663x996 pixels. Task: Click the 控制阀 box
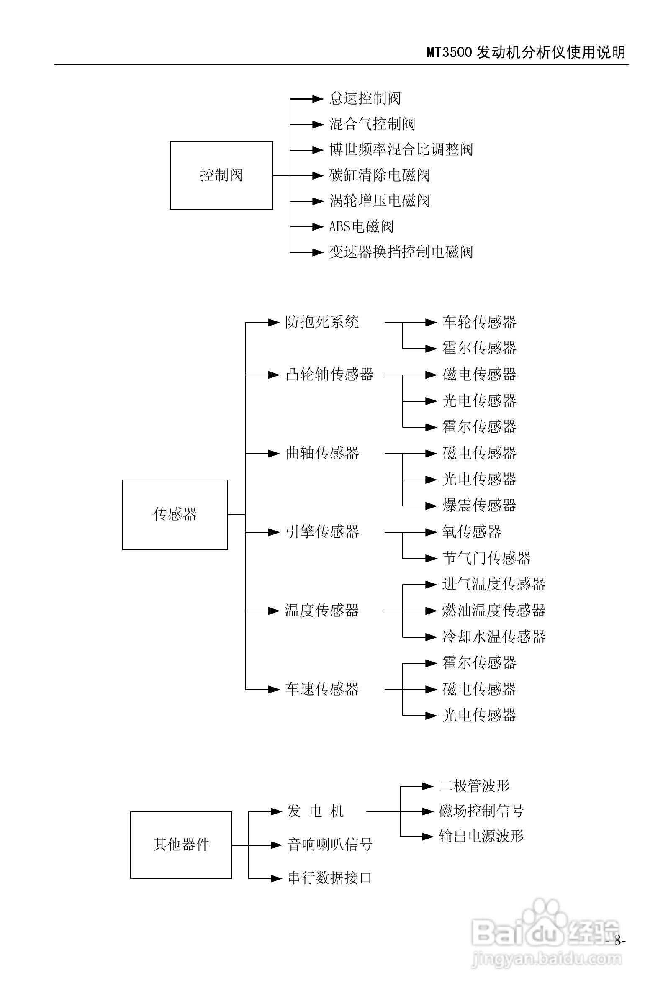(x=221, y=175)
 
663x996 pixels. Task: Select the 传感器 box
(x=175, y=514)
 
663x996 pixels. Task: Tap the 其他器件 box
(x=181, y=845)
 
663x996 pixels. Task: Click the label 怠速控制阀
(x=365, y=98)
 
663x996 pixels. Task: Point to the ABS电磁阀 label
(x=361, y=226)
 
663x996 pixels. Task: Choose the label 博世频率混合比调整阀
(x=401, y=150)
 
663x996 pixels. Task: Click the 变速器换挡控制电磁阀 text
(x=401, y=252)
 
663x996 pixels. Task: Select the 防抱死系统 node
(x=322, y=323)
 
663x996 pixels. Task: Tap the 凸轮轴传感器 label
(x=329, y=375)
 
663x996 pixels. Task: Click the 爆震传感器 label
(x=479, y=505)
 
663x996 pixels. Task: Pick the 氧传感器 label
(x=471, y=532)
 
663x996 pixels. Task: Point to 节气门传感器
(x=486, y=558)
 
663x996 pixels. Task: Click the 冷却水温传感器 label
(x=494, y=637)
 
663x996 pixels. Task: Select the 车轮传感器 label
(x=479, y=323)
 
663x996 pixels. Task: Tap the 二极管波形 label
(x=474, y=786)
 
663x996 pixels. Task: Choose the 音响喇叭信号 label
(x=330, y=845)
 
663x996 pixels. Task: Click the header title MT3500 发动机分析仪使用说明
(x=526, y=52)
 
